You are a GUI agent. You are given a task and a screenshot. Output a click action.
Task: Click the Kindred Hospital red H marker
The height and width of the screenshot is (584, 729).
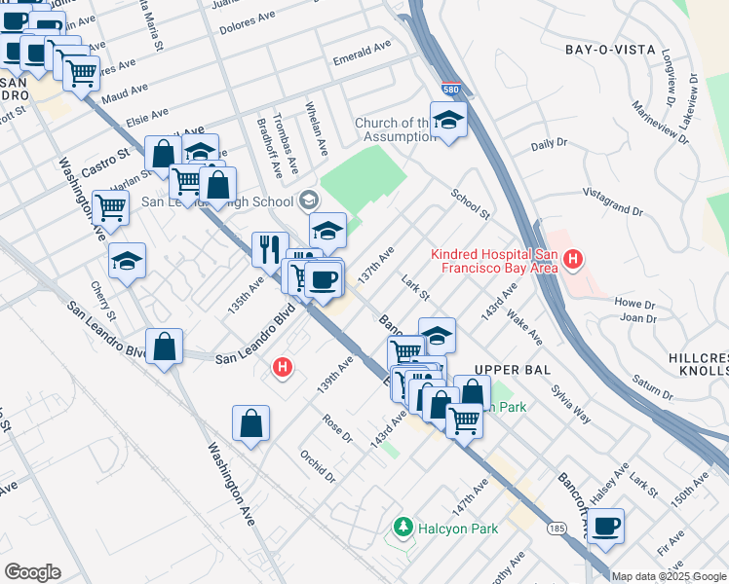[574, 260]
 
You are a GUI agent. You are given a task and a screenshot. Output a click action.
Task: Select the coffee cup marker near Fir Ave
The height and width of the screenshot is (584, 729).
[605, 527]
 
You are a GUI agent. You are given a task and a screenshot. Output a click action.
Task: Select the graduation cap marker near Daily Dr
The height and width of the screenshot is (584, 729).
[448, 120]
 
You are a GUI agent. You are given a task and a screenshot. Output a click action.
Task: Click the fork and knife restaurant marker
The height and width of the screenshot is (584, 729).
[270, 248]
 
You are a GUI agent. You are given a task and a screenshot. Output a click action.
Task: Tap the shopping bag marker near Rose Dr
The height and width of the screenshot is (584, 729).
[251, 423]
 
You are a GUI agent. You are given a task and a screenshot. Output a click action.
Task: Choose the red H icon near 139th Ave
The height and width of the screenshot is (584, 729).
[282, 367]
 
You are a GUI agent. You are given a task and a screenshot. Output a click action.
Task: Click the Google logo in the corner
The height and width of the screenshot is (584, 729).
[32, 572]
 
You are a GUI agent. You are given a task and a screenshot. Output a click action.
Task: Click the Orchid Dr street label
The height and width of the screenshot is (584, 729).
[318, 464]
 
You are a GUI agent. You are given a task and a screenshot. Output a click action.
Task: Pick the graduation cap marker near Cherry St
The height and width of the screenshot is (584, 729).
[127, 260]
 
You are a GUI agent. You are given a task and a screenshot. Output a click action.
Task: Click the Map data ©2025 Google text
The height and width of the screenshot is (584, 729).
[669, 576]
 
